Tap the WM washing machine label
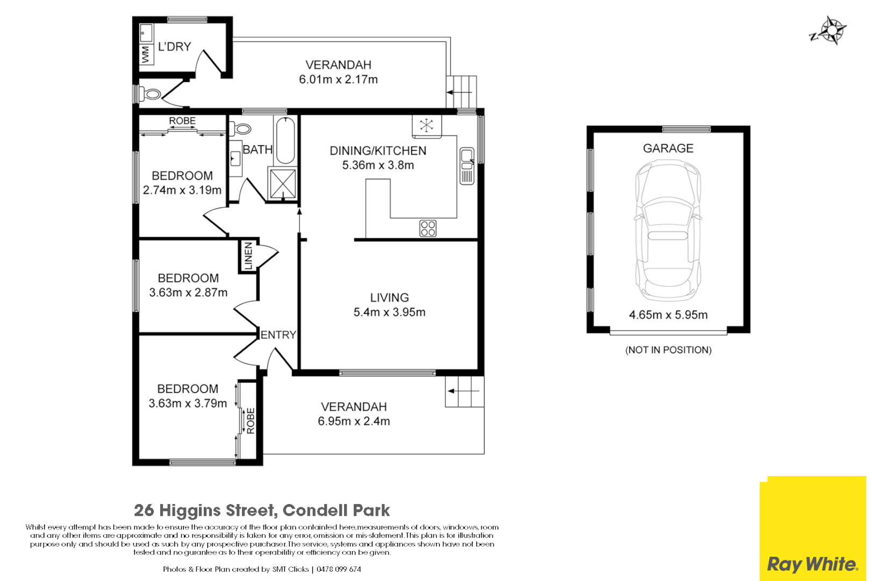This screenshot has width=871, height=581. (145, 54)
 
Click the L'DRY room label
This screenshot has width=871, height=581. (174, 47)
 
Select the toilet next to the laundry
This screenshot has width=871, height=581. (151, 95)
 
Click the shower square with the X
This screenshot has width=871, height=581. (283, 184)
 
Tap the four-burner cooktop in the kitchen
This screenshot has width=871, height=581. (428, 229)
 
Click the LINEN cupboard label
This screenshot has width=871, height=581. (248, 256)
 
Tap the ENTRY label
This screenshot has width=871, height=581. (278, 335)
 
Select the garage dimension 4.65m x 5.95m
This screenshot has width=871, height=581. (668, 315)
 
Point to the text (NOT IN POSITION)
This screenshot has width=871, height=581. (668, 350)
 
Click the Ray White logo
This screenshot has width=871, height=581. (812, 564)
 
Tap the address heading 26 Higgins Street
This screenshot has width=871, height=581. (262, 510)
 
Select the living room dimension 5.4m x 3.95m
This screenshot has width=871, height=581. (389, 313)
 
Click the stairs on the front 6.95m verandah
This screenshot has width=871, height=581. (465, 391)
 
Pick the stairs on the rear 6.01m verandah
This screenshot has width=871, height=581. (462, 92)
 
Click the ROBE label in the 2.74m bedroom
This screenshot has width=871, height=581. (182, 122)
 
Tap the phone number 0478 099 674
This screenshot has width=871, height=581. (339, 569)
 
